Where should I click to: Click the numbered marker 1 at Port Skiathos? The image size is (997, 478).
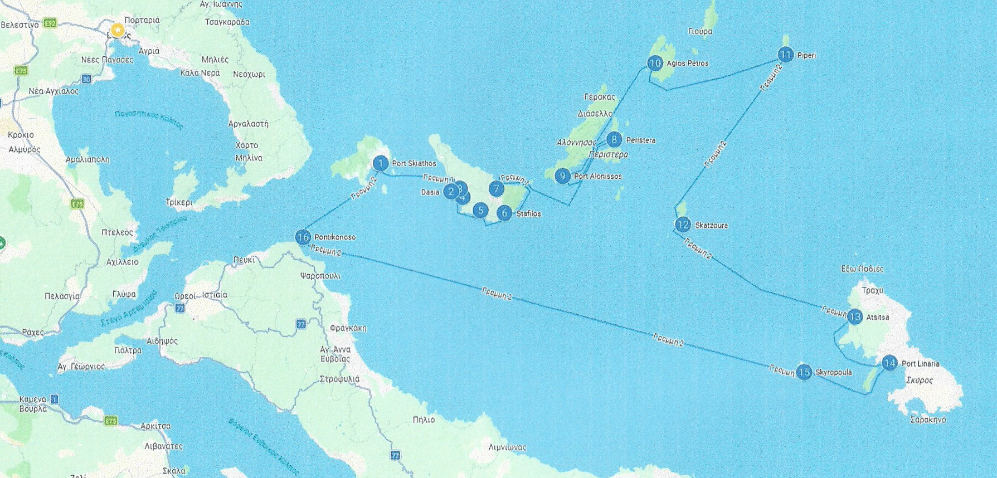click(x=380, y=163)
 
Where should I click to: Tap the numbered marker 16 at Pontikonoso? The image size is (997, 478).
click(x=303, y=237)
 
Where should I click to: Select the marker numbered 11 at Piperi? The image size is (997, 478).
click(x=785, y=55)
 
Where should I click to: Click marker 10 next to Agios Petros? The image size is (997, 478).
click(x=655, y=63)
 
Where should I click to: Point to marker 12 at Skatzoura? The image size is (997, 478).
click(x=683, y=225)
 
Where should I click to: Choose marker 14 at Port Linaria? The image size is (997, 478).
click(x=889, y=363)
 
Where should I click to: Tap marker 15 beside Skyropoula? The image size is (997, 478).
click(x=804, y=372)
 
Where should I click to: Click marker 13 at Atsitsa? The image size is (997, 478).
click(x=854, y=317)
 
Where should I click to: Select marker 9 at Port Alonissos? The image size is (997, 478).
click(x=562, y=176)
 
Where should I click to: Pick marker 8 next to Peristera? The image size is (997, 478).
click(x=614, y=139)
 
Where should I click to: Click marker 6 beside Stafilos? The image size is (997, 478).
click(x=504, y=213)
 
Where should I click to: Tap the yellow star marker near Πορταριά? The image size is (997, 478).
click(x=117, y=30)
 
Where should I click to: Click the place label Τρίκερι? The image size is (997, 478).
click(x=179, y=202)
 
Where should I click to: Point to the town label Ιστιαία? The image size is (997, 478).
click(x=215, y=295)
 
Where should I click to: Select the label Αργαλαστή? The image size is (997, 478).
click(x=249, y=124)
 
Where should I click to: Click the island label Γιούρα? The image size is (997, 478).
click(x=700, y=32)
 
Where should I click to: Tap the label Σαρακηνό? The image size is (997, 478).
click(x=928, y=420)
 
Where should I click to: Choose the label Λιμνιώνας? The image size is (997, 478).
click(x=507, y=447)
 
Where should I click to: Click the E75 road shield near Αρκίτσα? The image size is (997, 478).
click(x=111, y=421)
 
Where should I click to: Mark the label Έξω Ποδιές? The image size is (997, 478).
click(x=862, y=269)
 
